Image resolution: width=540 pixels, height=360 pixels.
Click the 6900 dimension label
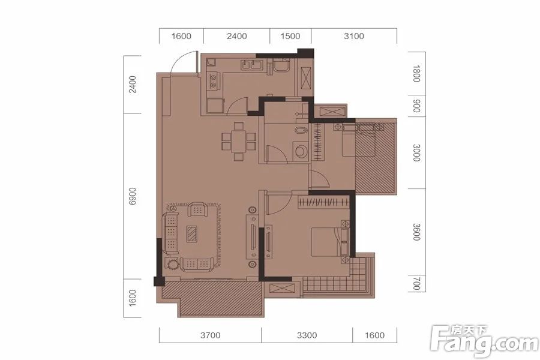point(133,196)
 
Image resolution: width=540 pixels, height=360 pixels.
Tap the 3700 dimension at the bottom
point(211,335)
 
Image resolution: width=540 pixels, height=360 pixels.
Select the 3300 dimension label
point(307,335)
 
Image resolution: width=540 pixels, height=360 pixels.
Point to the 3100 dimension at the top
point(353,36)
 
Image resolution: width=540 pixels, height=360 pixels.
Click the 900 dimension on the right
point(416,106)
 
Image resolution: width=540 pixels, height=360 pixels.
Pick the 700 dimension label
point(416,284)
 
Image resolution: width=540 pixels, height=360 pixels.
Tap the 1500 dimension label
point(290,36)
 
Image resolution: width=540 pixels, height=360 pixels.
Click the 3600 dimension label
point(416,232)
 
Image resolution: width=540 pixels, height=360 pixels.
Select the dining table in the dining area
point(239,141)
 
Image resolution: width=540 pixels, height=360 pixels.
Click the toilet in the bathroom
point(301,151)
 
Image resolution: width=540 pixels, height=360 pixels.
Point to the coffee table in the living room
point(192,234)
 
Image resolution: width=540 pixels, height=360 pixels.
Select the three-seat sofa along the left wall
point(171,233)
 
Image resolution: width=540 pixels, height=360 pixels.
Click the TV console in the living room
point(253,237)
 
